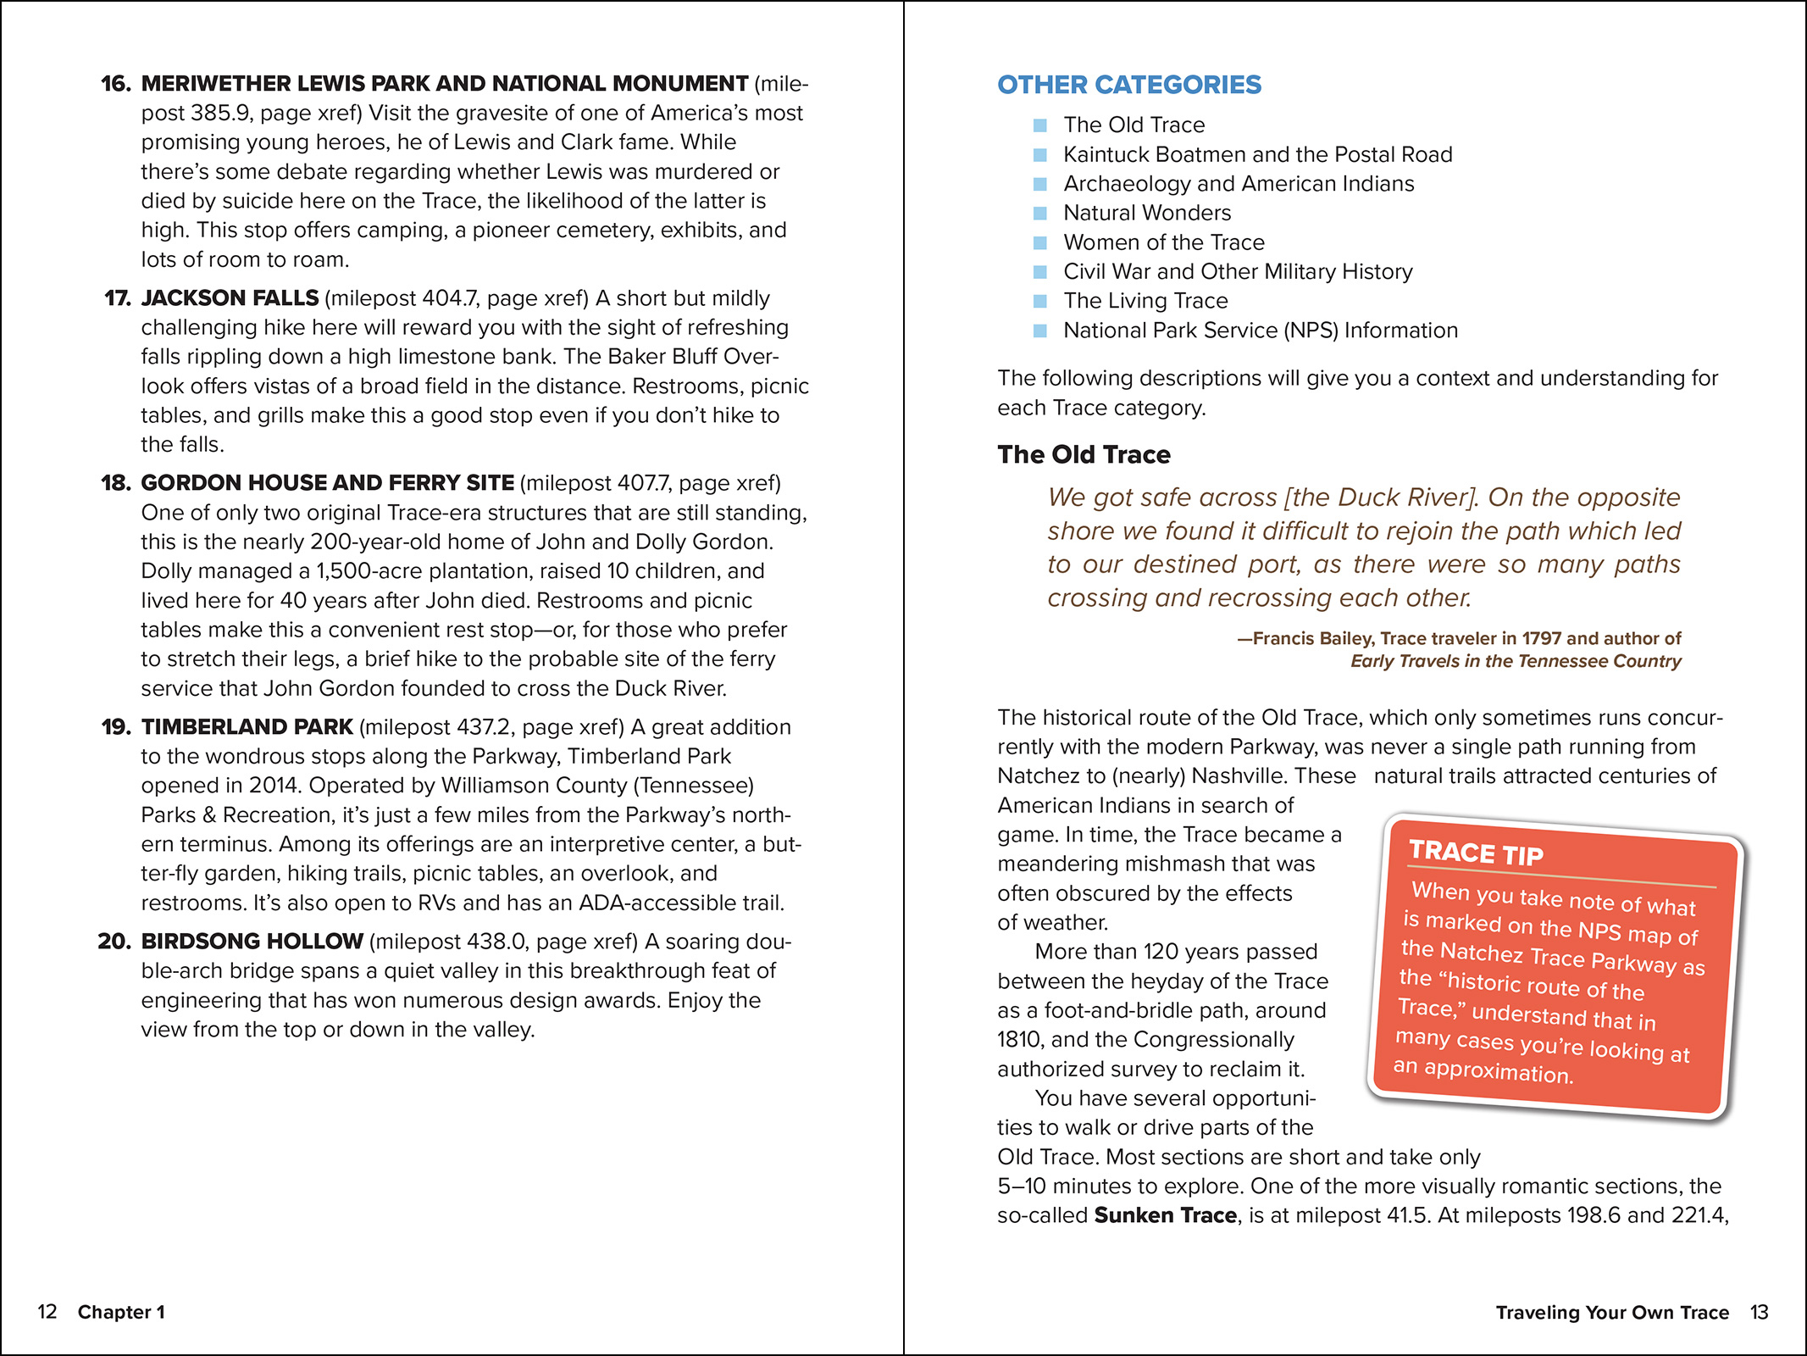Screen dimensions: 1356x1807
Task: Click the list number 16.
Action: tap(116, 84)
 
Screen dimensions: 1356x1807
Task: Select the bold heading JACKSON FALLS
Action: tap(230, 298)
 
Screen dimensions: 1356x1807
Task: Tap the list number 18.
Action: tap(116, 483)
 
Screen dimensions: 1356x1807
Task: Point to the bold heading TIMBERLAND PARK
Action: tap(247, 727)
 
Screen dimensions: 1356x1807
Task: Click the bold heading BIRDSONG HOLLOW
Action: tap(252, 942)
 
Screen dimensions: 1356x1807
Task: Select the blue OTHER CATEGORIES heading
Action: tap(1128, 85)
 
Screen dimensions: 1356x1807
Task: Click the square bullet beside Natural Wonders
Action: tap(1040, 214)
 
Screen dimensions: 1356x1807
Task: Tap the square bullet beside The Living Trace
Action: tap(1040, 301)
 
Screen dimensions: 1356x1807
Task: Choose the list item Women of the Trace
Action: tap(1163, 242)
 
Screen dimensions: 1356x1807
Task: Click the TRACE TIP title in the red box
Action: tap(1476, 853)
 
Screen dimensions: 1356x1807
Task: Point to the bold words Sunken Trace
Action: tap(1165, 1215)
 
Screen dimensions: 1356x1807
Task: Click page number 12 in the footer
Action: tap(47, 1312)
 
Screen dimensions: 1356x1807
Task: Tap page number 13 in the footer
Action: tap(1759, 1312)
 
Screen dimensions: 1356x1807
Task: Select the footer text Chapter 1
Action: tap(121, 1312)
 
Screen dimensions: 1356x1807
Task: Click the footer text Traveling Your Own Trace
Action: tap(1611, 1312)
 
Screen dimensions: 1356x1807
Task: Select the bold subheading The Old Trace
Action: tap(1084, 454)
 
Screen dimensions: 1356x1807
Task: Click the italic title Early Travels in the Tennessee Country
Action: tap(1516, 661)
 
